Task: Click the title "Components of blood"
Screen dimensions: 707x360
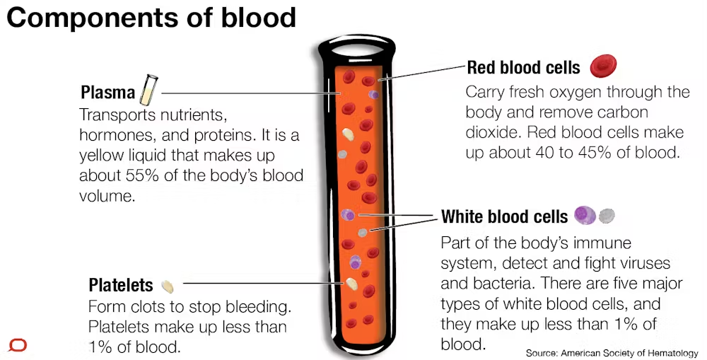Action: pyautogui.click(x=151, y=18)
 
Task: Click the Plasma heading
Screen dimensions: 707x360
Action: pyautogui.click(x=107, y=93)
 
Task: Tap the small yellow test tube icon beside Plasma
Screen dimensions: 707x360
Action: pyautogui.click(x=148, y=90)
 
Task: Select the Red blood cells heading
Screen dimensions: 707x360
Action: pyautogui.click(x=523, y=68)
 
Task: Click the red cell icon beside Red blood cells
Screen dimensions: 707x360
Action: pyautogui.click(x=603, y=66)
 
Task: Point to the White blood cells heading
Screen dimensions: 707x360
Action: pyautogui.click(x=504, y=216)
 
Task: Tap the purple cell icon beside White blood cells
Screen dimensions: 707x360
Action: pyautogui.click(x=585, y=215)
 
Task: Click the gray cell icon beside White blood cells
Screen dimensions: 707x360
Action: pyautogui.click(x=607, y=216)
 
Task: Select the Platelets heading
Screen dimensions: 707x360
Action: pyautogui.click(x=121, y=285)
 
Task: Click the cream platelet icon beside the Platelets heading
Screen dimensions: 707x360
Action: pyautogui.click(x=168, y=286)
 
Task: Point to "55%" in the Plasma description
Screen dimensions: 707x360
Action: pyautogui.click(x=142, y=175)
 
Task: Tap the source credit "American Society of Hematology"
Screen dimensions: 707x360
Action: pyautogui.click(x=629, y=353)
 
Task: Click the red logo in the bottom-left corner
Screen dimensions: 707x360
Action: pyautogui.click(x=18, y=345)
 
